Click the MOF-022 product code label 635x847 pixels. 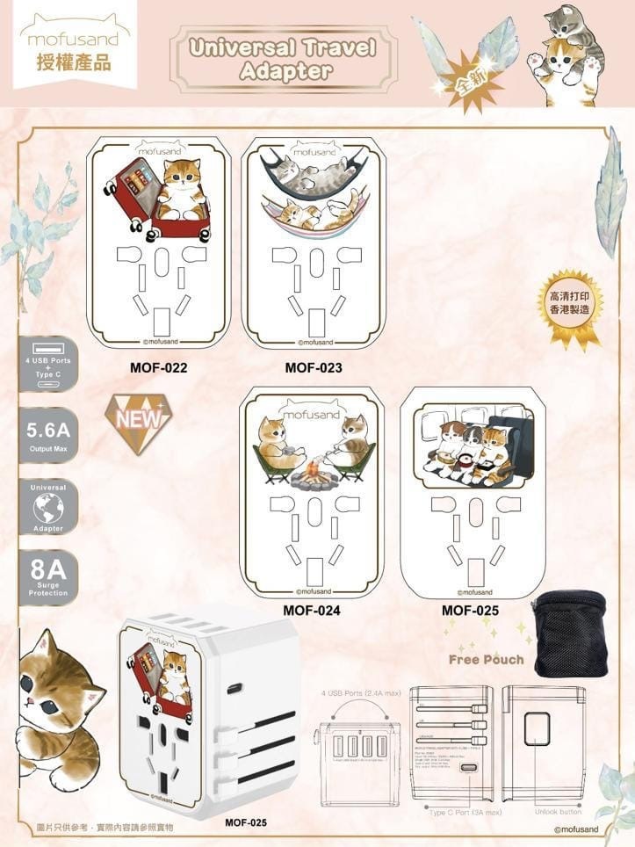tap(158, 367)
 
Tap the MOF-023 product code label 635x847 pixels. tap(314, 367)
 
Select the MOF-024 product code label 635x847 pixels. tap(311, 609)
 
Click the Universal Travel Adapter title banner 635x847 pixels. tap(283, 59)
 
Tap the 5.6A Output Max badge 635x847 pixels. tap(48, 435)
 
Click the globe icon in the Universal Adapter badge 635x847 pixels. tap(47, 508)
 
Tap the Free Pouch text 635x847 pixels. tap(486, 659)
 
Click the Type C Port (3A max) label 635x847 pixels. tap(465, 811)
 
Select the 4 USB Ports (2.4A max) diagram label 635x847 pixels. tap(361, 693)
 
